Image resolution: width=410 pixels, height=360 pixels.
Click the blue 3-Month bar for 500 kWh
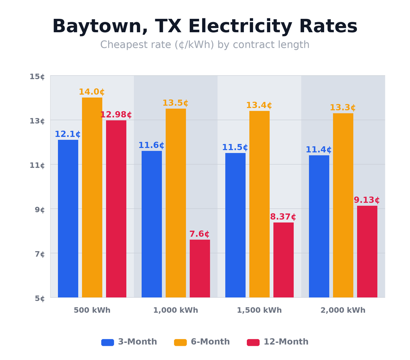(68, 219)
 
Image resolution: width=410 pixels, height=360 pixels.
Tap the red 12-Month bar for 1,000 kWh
(200, 268)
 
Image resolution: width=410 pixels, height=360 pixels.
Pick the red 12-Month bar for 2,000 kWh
(367, 251)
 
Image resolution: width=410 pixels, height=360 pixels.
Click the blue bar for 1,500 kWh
(235, 225)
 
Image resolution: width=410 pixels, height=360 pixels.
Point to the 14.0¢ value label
(92, 92)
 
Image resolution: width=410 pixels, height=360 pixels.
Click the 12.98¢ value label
(116, 115)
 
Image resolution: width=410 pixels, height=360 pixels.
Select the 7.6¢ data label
(199, 234)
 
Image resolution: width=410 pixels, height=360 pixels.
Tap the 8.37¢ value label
(283, 217)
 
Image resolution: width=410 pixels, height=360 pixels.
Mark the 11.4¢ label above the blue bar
(318, 150)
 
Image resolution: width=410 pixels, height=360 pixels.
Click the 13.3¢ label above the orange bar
(343, 108)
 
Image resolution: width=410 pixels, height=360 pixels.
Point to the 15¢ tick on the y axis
(37, 77)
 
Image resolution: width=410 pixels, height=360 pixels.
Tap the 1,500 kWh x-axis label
(259, 311)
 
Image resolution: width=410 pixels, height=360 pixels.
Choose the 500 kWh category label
(92, 311)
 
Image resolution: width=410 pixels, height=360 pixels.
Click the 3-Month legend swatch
(108, 342)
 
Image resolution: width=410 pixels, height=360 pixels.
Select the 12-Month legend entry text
(286, 342)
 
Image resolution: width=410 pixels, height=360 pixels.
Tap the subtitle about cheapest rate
(205, 45)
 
